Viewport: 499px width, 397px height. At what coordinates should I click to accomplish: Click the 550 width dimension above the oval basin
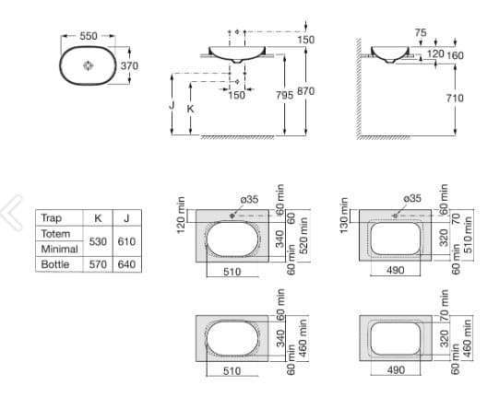[x=89, y=35]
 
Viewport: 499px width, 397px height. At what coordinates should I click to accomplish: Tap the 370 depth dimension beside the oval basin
[x=129, y=65]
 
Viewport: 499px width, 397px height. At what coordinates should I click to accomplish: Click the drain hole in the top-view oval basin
[x=89, y=65]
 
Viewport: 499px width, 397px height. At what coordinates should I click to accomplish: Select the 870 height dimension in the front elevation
[x=305, y=91]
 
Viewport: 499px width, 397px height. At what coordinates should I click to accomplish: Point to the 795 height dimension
[x=285, y=94]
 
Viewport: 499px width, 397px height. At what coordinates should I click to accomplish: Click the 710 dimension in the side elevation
[x=454, y=98]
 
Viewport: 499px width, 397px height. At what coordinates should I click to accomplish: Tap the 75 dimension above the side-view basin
[x=421, y=32]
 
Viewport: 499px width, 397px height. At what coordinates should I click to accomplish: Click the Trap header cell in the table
[x=52, y=218]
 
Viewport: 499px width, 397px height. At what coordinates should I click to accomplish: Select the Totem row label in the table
[x=56, y=234]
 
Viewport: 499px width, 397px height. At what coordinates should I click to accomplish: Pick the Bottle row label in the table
[x=55, y=264]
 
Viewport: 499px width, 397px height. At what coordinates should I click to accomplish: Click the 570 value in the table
[x=98, y=264]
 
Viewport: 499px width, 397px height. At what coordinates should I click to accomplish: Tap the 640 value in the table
[x=125, y=264]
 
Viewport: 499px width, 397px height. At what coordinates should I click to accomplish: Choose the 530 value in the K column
[x=98, y=241]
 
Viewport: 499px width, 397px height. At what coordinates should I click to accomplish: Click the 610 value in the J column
[x=125, y=241]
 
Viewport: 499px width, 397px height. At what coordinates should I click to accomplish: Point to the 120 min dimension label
[x=182, y=215]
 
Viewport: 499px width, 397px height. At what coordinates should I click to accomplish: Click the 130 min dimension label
[x=344, y=215]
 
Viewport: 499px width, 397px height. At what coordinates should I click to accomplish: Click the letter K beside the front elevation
[x=190, y=108]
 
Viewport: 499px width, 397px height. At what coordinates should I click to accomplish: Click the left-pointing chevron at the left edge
[x=12, y=212]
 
